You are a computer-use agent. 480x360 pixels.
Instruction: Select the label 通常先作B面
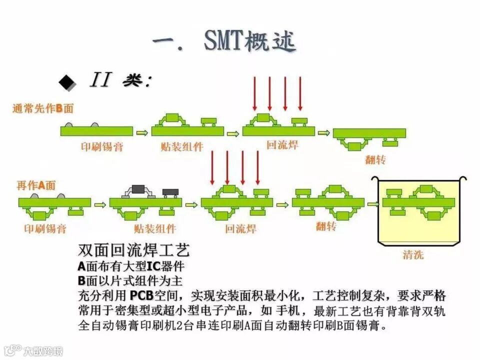[x=43, y=108]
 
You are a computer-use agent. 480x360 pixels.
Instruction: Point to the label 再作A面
[x=36, y=185]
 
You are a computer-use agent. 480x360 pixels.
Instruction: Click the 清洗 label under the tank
[x=413, y=255]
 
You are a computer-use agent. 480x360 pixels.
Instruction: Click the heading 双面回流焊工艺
[x=133, y=250]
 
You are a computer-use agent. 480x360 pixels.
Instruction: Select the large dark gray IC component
[x=138, y=189]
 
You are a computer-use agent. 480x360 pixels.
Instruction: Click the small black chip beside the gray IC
[x=170, y=191]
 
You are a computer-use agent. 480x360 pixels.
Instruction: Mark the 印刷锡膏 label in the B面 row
[x=102, y=146]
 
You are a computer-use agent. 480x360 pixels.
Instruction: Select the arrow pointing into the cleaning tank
[x=373, y=203]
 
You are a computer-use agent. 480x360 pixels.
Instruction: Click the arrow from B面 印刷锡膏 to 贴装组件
[x=142, y=132]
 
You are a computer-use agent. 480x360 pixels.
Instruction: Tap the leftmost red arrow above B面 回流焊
[x=254, y=93]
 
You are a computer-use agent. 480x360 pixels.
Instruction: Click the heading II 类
[x=120, y=80]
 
